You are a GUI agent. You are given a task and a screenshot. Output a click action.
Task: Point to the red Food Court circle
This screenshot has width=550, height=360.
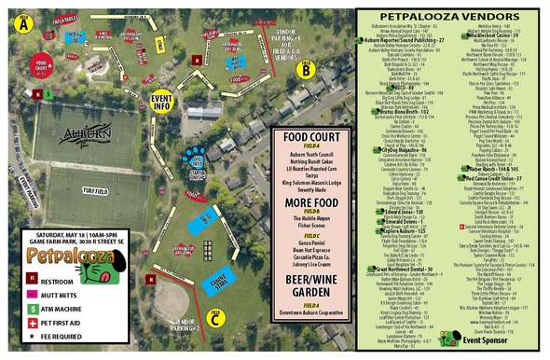click(39, 67)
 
